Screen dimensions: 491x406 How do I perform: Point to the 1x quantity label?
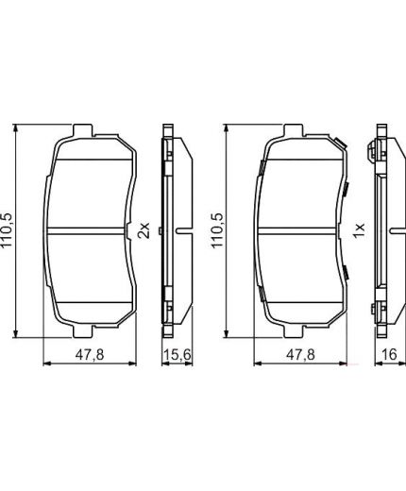click(357, 231)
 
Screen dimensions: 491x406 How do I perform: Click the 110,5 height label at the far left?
click(9, 231)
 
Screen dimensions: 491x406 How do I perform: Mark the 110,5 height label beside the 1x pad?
click(219, 231)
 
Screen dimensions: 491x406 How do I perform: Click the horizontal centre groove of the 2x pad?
click(90, 230)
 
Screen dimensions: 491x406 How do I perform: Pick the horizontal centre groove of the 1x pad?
click(301, 230)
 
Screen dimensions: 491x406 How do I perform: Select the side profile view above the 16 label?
click(381, 231)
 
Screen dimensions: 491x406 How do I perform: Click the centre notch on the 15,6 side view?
click(163, 230)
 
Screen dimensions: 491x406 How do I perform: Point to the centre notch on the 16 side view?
click(375, 230)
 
